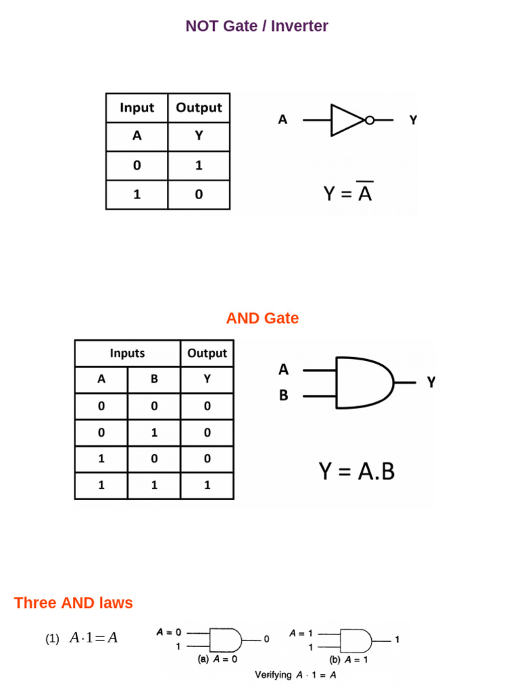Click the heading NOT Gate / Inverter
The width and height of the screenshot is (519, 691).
pyautogui.click(x=257, y=26)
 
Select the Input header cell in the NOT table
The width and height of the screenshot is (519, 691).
pyautogui.click(x=137, y=108)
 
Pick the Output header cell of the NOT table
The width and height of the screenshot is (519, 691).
pyautogui.click(x=199, y=108)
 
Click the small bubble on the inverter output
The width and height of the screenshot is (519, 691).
pyautogui.click(x=369, y=121)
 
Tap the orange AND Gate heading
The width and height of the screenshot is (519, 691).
pyautogui.click(x=262, y=318)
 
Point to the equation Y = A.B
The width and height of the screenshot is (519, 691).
pyautogui.click(x=356, y=471)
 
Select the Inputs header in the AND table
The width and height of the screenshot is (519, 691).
pyautogui.click(x=127, y=353)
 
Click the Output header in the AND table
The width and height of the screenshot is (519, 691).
pyautogui.click(x=207, y=353)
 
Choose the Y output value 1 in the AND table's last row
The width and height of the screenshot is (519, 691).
pyautogui.click(x=207, y=485)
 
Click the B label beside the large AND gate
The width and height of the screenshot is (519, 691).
pyautogui.click(x=283, y=395)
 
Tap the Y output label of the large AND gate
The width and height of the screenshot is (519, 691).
pyautogui.click(x=431, y=383)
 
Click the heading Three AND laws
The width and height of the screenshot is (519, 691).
pyautogui.click(x=74, y=603)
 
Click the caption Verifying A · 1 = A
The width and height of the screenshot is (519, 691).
pyautogui.click(x=295, y=674)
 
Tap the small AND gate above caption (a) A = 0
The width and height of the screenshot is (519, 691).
pyautogui.click(x=225, y=639)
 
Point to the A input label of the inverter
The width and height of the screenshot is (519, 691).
pyautogui.click(x=282, y=120)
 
